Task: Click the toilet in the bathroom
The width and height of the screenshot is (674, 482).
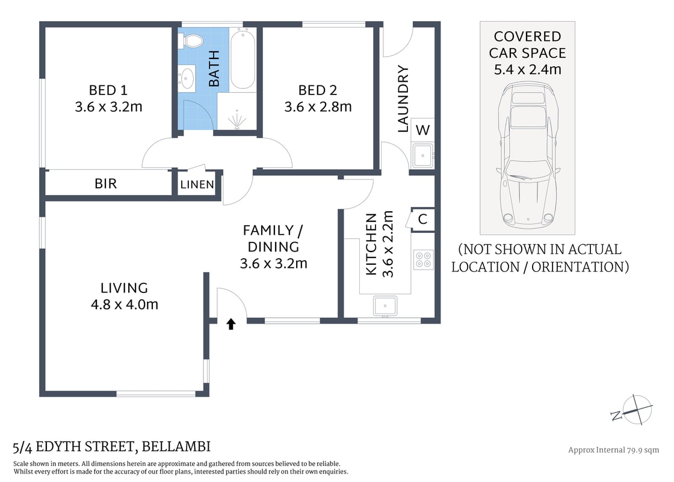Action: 193,42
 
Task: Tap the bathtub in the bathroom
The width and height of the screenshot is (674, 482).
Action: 243,60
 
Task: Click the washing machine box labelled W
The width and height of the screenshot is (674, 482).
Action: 422,129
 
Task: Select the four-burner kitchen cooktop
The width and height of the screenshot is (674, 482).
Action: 424,259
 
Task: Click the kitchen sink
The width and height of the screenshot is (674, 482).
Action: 385,306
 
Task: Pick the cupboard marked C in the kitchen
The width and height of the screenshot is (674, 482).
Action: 422,219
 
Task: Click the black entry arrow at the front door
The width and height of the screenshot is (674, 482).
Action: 230,324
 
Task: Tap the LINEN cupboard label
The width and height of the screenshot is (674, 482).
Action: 197,185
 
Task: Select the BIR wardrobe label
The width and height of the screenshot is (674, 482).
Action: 105,184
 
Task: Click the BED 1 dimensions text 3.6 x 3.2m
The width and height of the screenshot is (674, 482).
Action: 108,107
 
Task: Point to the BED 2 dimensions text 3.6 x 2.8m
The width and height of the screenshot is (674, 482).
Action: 318,107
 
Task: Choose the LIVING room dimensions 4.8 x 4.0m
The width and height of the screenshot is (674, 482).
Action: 124,304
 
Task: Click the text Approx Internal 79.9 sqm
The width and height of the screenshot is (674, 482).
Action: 613,450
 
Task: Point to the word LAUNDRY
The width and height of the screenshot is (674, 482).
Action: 403,99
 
